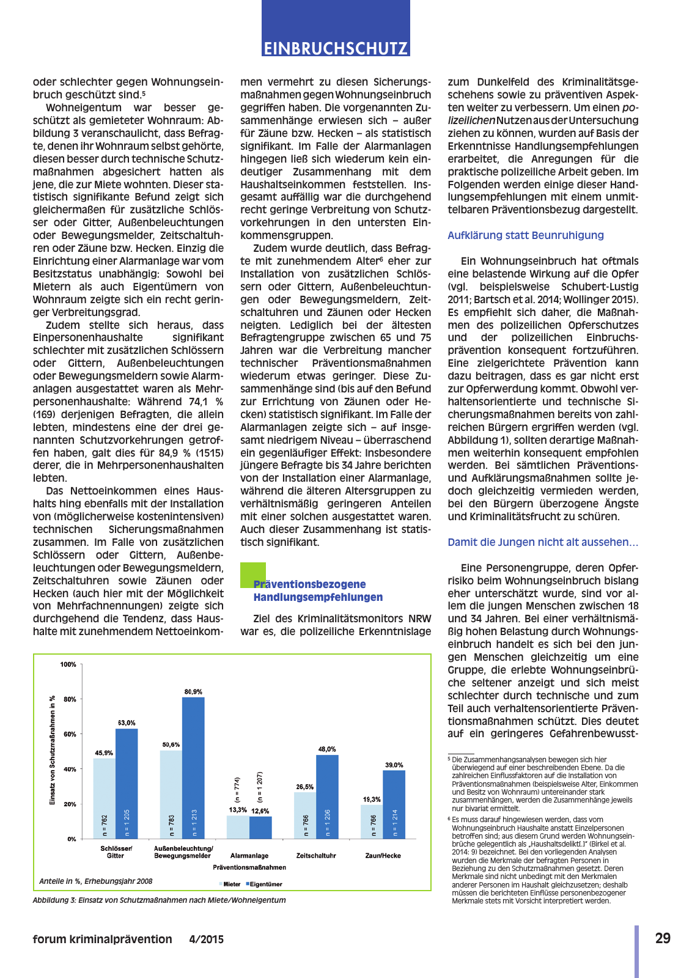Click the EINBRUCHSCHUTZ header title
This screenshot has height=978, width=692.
[x=335, y=48]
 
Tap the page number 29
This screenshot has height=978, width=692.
[x=663, y=938]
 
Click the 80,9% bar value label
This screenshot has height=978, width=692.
[x=193, y=692]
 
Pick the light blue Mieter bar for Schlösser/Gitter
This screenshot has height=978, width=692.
[x=105, y=798]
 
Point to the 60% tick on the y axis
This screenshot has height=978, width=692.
[x=70, y=734]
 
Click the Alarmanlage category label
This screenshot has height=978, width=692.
[x=249, y=856]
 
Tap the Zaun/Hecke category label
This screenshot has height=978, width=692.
[x=383, y=856]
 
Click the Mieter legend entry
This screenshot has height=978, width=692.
[x=229, y=884]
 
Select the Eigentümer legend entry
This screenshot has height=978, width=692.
[x=264, y=884]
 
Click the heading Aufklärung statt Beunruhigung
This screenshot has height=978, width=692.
[x=525, y=235]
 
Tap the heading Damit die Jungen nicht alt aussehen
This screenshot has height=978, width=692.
[x=542, y=542]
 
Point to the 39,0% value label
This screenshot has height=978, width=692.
[x=394, y=765]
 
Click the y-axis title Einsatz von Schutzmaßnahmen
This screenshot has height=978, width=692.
[x=53, y=750]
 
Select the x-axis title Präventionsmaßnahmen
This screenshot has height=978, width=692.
[x=249, y=867]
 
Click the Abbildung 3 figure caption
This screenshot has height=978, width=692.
[x=159, y=900]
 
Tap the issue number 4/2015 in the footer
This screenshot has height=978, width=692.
[x=206, y=939]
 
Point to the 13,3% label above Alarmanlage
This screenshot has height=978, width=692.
[x=238, y=810]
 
